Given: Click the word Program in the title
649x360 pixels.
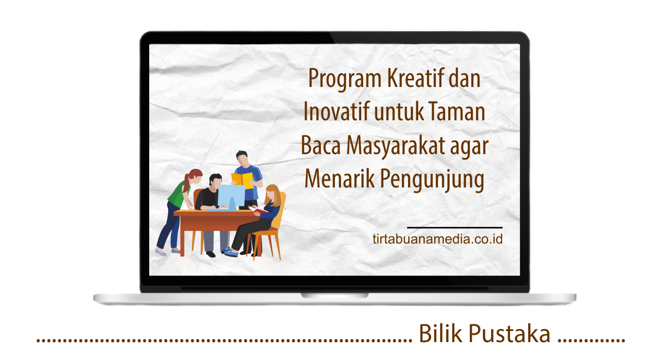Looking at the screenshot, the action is pos(345,79).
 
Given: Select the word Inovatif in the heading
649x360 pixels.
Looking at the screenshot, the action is pos(337,111).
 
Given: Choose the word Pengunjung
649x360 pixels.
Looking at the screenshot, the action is pos(432,180).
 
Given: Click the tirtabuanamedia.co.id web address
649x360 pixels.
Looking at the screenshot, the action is pos(437,239).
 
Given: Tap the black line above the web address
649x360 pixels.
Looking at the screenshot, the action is pos(454,228).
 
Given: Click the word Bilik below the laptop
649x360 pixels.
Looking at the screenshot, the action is pos(440,333).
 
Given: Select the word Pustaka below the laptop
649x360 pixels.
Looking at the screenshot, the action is pos(509,333).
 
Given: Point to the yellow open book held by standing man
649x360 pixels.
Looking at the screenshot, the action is pos(242,180).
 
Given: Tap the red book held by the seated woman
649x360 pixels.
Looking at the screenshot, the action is pos(257,209).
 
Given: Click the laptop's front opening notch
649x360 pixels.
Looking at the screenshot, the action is pos(335,296).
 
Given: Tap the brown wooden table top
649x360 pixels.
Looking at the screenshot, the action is pos(214,213).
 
